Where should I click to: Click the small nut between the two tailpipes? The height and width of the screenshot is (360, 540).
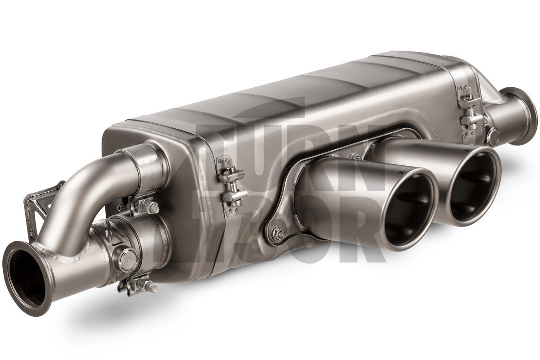[355, 157]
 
